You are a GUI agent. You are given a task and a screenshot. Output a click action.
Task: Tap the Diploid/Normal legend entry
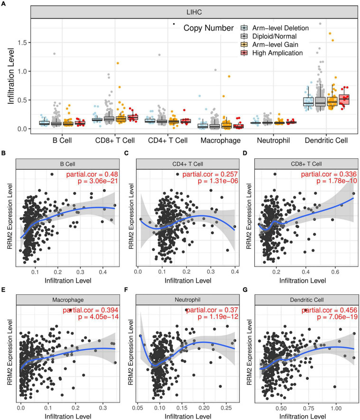(268, 36)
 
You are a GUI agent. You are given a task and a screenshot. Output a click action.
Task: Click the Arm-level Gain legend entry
(269, 44)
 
